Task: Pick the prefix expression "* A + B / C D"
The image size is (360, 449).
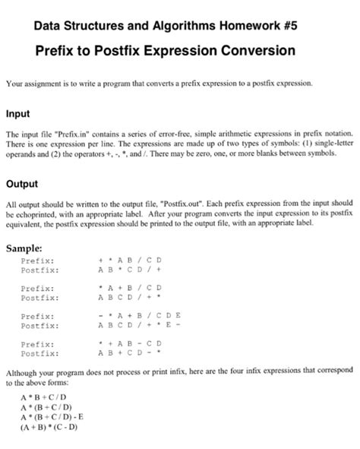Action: [131, 289]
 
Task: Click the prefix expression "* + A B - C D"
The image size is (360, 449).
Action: [131, 344]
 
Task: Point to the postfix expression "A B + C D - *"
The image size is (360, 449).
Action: [131, 353]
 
